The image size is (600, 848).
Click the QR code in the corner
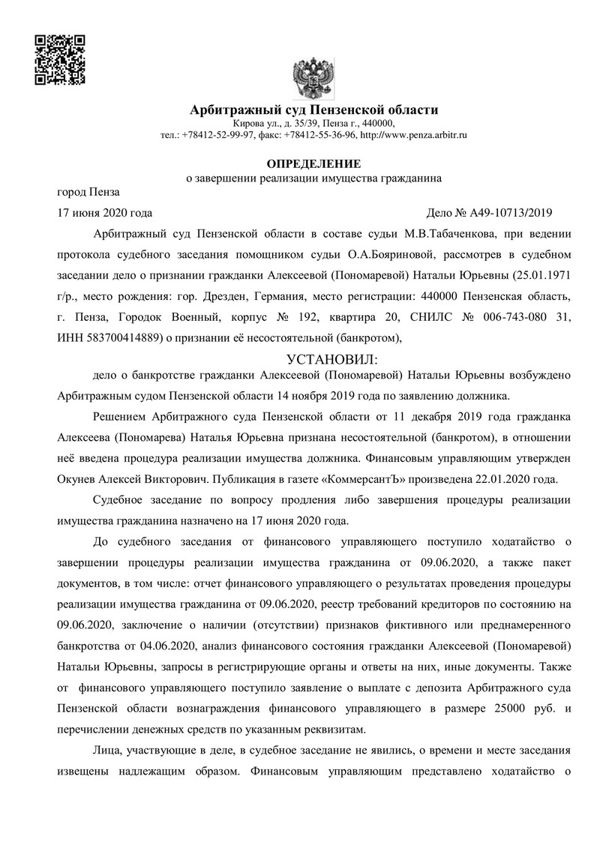(60, 58)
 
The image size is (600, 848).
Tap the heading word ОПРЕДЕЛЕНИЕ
(314, 163)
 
